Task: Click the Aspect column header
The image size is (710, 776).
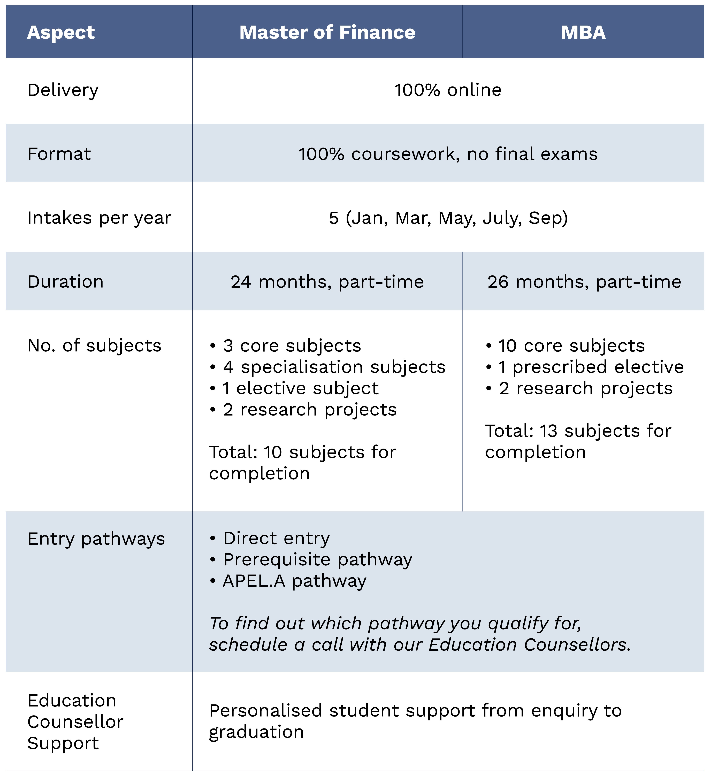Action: tap(61, 32)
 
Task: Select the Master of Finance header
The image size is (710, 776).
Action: tap(327, 32)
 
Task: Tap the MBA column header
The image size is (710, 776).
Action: tap(583, 32)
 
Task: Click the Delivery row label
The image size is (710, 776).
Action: tap(63, 90)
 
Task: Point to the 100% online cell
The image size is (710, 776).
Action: tap(448, 90)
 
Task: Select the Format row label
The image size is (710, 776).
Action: tap(59, 154)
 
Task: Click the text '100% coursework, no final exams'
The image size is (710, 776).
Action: tap(448, 154)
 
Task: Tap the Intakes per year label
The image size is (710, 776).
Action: tap(99, 218)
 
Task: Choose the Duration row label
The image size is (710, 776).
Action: tap(65, 282)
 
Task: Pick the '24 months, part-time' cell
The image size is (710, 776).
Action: tap(327, 282)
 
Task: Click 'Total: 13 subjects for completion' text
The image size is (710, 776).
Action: tap(578, 441)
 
